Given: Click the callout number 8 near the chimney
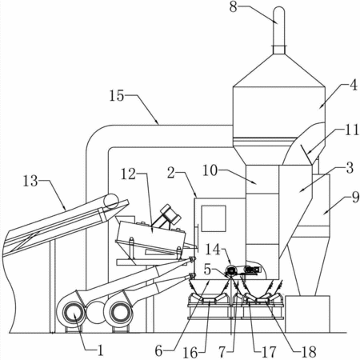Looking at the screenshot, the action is [x=234, y=7].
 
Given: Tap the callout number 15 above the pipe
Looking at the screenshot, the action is [x=117, y=95].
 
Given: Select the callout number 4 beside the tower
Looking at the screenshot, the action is [x=354, y=86].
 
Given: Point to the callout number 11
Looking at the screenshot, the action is [x=352, y=130].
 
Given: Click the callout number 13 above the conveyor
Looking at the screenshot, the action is [x=30, y=181].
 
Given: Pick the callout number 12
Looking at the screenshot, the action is [x=129, y=174].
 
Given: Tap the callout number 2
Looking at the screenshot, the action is [x=171, y=173].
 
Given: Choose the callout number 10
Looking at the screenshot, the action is [x=210, y=170].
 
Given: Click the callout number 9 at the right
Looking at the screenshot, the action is [x=355, y=198].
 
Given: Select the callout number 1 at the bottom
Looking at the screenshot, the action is [x=100, y=350].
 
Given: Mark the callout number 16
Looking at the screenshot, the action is [x=190, y=353].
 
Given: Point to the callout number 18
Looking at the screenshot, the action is [x=309, y=352].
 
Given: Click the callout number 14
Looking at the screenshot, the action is [x=214, y=250].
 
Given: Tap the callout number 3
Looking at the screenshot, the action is [x=350, y=168].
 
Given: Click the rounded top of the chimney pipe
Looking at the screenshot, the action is [x=279, y=10].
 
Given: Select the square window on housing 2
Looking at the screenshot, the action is [x=214, y=218].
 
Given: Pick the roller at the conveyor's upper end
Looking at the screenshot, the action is [x=111, y=201].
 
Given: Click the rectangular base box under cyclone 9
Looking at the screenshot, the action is [x=307, y=314].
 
